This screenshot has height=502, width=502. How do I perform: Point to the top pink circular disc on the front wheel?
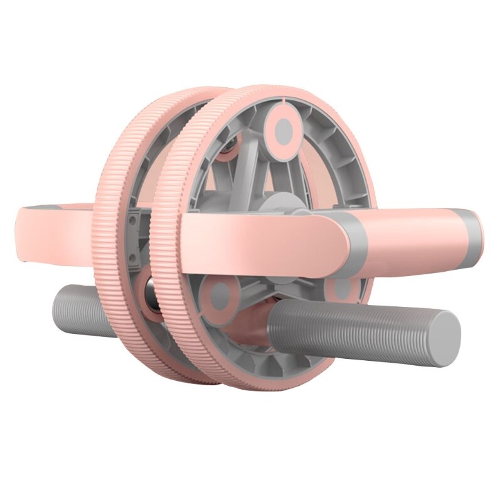point(284,130)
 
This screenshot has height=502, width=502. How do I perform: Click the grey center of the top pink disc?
point(284,130)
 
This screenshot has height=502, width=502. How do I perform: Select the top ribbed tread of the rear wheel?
point(188,94)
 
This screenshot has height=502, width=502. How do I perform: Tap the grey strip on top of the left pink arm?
point(56,206)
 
